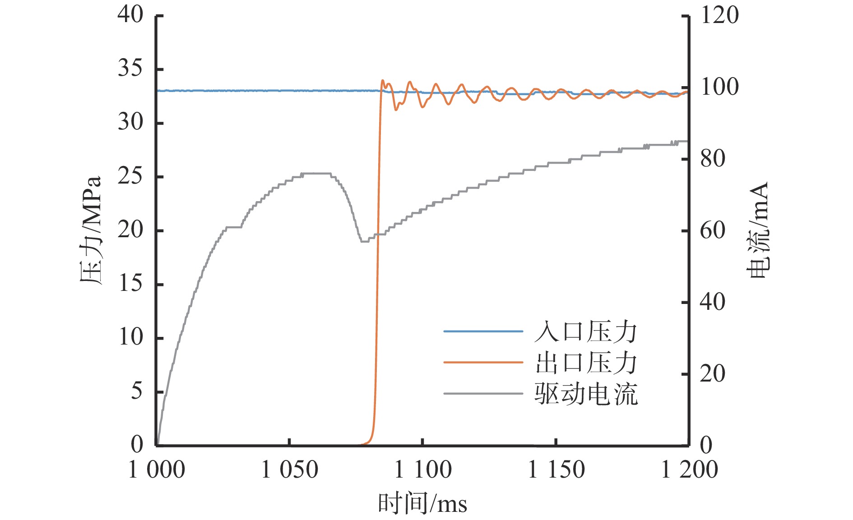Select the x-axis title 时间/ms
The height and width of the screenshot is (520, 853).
tap(422, 503)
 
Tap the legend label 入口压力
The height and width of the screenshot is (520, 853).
tap(586, 332)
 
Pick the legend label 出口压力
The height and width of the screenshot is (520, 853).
tap(586, 363)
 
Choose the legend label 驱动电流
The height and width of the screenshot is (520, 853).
tap(586, 394)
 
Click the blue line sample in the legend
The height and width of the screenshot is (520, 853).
tap(483, 331)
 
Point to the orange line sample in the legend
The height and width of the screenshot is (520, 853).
tap(483, 362)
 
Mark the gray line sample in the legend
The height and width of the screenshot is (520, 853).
tap(483, 393)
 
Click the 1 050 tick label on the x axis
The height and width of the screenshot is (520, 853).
tap(289, 470)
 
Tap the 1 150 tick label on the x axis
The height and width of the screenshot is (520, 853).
tap(556, 470)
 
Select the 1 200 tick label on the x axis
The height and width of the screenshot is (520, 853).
tap(689, 470)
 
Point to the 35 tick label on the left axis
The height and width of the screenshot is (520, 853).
tap(130, 69)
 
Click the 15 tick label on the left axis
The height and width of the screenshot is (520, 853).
tap(130, 284)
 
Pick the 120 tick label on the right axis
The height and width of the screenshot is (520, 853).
tap(719, 15)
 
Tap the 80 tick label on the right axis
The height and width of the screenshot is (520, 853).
tap(713, 159)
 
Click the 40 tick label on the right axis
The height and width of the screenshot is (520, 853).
tap(713, 302)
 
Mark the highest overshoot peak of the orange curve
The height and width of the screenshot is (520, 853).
tap(383, 81)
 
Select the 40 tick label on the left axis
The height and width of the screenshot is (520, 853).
tap(130, 15)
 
